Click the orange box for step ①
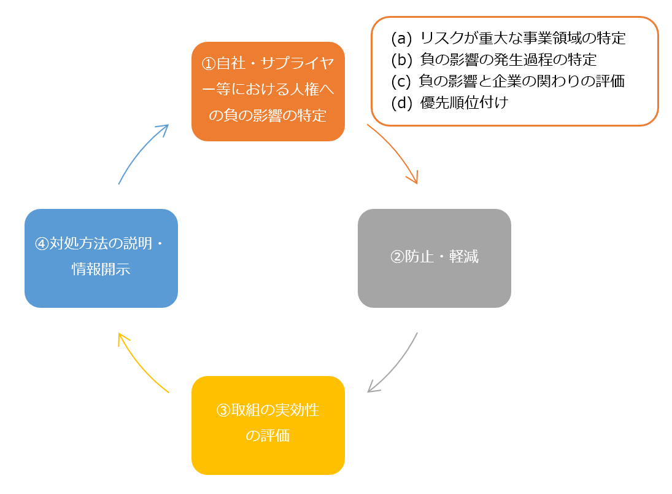[x=268, y=91]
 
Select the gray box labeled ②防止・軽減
[x=434, y=258]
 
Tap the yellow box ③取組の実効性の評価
[x=268, y=425]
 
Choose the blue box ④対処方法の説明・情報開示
[x=101, y=258]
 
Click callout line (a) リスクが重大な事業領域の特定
[x=508, y=39]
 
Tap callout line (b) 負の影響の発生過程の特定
[x=493, y=60]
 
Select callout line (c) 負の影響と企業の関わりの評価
[x=508, y=81]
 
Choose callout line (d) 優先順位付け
[x=449, y=103]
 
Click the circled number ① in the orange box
[x=209, y=64]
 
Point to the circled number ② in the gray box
[x=397, y=257]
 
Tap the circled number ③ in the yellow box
[x=223, y=410]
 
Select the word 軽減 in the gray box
[x=464, y=257]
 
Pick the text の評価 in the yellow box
[x=268, y=436]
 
